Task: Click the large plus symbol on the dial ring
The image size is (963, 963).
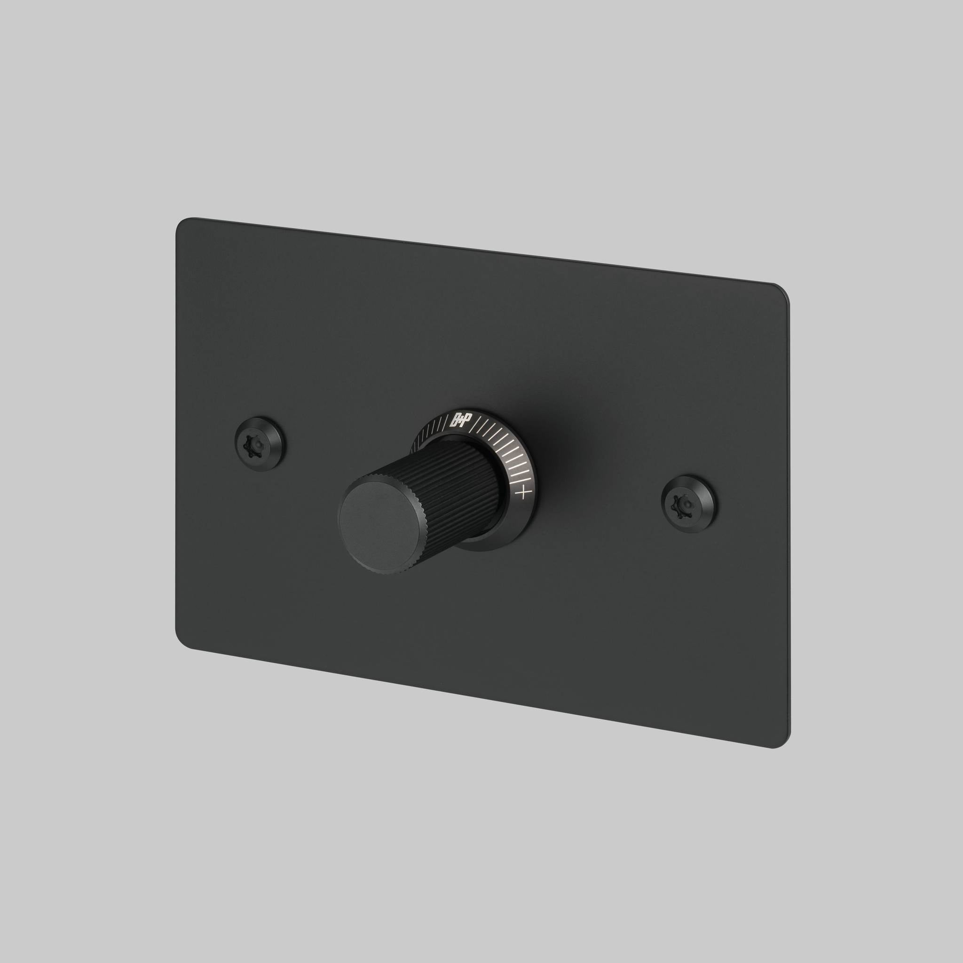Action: tap(522, 494)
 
